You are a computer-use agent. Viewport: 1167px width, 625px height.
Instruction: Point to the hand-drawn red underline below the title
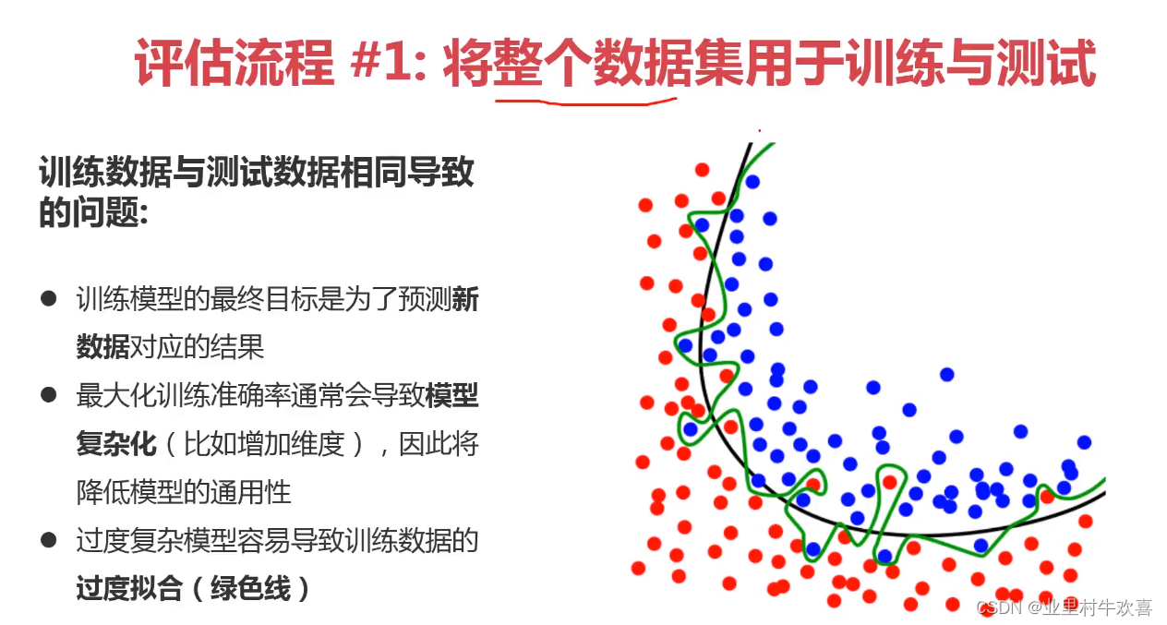586,102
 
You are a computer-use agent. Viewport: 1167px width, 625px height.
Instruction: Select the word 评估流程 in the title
235,63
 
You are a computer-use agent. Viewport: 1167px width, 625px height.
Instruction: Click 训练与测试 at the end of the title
971,63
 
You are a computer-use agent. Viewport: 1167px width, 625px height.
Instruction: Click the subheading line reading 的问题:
94,212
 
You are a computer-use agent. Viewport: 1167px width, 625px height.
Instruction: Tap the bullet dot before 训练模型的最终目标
48,298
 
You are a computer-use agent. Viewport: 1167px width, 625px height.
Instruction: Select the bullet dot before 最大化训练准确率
48,394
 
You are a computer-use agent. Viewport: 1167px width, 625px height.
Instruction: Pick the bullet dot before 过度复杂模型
48,539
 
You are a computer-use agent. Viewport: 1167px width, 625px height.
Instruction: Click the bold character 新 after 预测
465,299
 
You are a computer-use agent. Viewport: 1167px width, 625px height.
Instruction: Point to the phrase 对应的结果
197,347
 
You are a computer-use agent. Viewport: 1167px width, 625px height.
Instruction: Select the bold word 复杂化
116,444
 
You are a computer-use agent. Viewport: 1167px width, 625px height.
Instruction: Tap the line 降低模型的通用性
184,492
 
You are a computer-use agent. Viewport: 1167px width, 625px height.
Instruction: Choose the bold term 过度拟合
129,589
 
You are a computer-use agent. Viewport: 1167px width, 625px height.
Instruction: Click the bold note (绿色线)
251,589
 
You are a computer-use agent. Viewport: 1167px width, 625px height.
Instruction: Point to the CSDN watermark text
1064,607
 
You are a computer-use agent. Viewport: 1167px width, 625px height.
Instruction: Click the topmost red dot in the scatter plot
703,170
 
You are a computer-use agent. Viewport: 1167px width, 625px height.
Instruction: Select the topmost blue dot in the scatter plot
752,182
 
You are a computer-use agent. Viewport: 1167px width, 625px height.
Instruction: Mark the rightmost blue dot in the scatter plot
1084,443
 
